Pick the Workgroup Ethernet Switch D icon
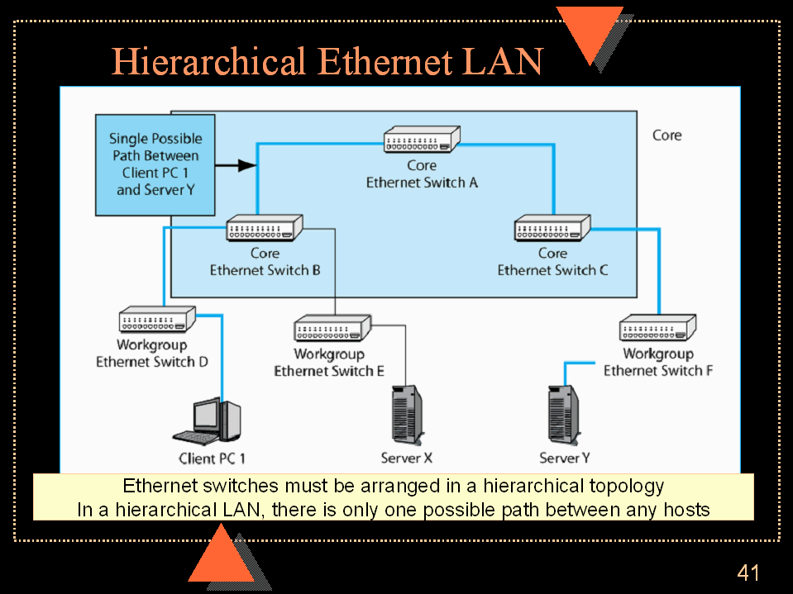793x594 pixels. point(157,319)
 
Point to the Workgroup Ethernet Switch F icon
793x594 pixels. point(659,328)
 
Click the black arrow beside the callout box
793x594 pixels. point(236,165)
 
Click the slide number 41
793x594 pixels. point(748,573)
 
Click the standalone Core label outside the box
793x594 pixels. point(667,135)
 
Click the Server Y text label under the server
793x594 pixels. point(565,458)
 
